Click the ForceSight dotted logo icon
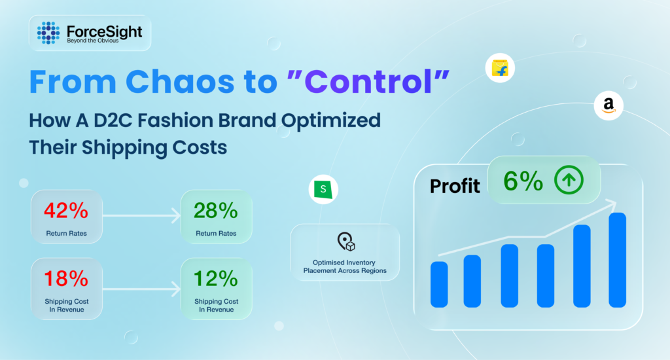point(48,33)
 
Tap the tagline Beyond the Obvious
point(93,41)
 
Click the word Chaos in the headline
point(180,81)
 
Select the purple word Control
point(368,81)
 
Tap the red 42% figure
point(66,211)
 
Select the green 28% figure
point(216,211)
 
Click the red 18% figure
point(66,279)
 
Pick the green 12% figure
point(216,279)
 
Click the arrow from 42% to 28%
point(141,215)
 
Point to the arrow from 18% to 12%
point(141,289)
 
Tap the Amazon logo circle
point(608,105)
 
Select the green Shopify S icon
point(323,189)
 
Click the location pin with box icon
point(346,242)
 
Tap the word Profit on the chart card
point(455,187)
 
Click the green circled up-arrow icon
point(569,180)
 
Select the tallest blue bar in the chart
point(618,260)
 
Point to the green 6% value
point(523,181)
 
